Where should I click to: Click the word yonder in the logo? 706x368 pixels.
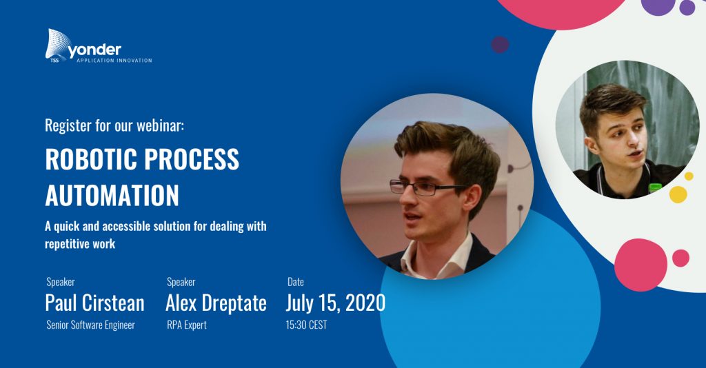(94, 50)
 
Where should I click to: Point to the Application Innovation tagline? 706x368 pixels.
(114, 60)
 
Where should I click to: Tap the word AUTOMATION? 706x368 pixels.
(112, 195)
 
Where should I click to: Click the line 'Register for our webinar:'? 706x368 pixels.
(114, 125)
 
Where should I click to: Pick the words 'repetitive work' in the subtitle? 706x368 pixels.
(80, 244)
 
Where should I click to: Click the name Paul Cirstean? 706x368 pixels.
(94, 303)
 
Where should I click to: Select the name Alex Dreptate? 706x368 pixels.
(216, 303)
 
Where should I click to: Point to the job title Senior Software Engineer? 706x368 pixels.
(90, 325)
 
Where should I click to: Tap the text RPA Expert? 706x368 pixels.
(187, 325)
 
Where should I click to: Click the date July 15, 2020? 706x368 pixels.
(336, 303)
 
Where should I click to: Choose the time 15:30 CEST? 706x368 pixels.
(306, 325)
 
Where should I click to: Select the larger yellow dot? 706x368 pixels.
(678, 194)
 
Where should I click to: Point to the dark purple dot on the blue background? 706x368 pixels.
(500, 45)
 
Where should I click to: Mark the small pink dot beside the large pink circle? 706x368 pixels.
(680, 258)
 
